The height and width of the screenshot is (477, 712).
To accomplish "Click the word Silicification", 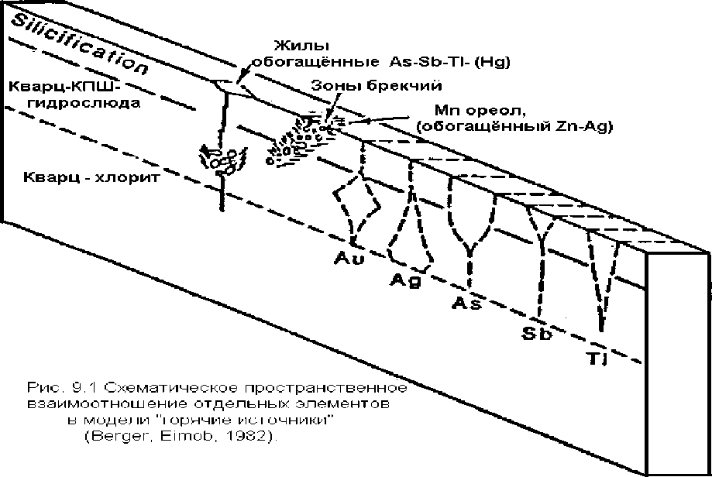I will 74,46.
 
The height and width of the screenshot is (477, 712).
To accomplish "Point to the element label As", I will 467,303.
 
